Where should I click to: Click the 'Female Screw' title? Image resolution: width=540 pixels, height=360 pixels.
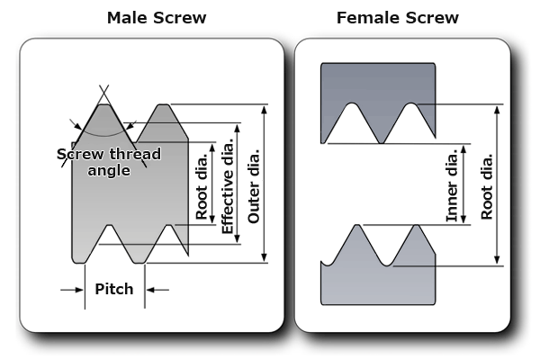397,17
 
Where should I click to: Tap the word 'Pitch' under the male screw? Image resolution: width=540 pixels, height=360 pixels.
113,289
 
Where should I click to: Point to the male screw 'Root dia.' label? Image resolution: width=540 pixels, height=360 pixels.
202,184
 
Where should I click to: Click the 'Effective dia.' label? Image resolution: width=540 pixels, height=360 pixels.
229,184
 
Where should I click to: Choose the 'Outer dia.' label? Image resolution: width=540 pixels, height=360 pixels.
254,184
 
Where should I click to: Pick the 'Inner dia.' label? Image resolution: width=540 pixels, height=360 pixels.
452,184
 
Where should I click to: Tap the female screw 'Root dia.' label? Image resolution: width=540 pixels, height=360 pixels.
486,184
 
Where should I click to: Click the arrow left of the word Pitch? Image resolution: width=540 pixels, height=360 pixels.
69,290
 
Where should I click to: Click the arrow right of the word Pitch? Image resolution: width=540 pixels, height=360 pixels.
157,290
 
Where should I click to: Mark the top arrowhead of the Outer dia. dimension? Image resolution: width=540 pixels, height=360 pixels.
264,109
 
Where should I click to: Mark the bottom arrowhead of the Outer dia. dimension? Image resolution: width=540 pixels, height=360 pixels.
264,258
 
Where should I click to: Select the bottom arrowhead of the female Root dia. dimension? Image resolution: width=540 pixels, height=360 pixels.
499,261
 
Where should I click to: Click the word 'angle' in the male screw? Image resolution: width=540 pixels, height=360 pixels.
109,170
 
